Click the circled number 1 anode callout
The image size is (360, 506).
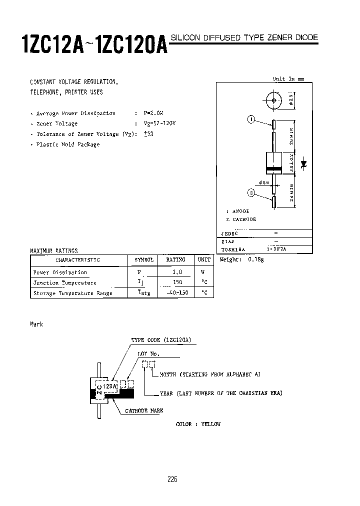[x=251, y=119]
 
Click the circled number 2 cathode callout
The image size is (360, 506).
[x=251, y=192]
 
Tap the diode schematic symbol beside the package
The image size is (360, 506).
[x=303, y=163]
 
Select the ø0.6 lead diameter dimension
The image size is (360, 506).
[x=264, y=182]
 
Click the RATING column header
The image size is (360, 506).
[x=175, y=260]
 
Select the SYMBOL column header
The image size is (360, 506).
[x=144, y=260]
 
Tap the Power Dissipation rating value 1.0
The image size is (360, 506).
[x=176, y=272]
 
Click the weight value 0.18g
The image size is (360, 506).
[x=255, y=259]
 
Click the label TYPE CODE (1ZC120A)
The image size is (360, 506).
[x=161, y=340]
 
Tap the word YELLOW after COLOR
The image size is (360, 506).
[x=210, y=424]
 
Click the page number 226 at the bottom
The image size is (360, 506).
[x=172, y=479]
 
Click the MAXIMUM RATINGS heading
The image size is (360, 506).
[x=54, y=251]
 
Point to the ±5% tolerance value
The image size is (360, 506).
[x=148, y=134]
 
